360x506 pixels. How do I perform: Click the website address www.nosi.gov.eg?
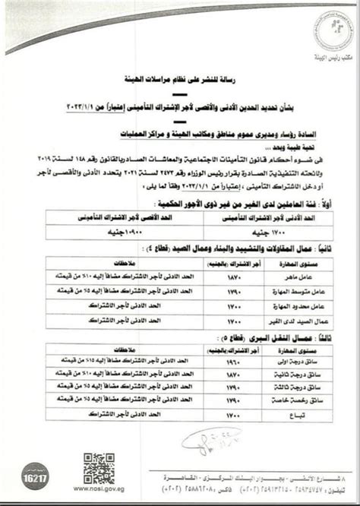99,491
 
